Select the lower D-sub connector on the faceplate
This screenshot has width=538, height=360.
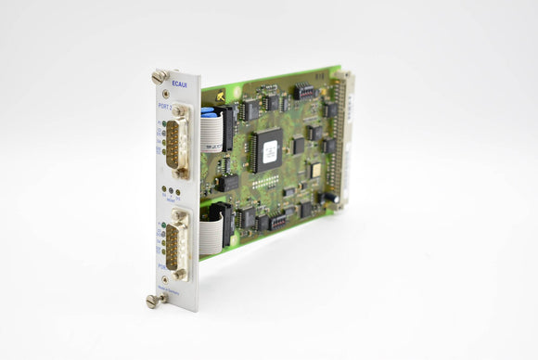click(x=179, y=243)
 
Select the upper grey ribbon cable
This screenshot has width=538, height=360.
click(x=211, y=130)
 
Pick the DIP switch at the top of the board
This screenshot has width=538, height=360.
click(x=304, y=92)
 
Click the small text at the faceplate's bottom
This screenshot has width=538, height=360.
click(x=170, y=289)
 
